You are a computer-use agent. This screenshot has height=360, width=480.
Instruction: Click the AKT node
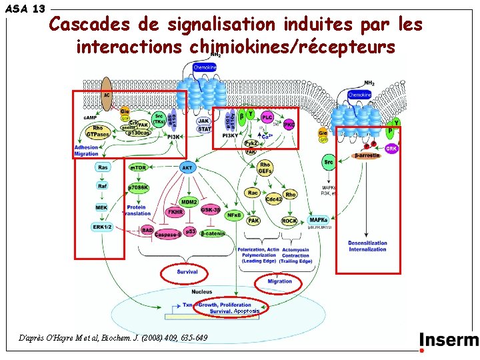tap(187, 168)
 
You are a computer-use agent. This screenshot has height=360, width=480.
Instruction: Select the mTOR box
tap(138, 168)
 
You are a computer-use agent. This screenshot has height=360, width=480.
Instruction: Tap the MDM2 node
tap(190, 201)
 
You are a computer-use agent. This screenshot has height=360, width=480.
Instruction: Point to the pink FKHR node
tap(175, 212)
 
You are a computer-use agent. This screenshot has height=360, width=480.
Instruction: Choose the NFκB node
tap(234, 215)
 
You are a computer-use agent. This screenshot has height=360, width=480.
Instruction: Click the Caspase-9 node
tap(168, 234)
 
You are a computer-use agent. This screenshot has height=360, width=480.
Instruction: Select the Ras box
tap(102, 168)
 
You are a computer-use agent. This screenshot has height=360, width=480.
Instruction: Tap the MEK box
tap(101, 207)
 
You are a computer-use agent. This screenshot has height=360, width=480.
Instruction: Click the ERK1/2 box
tap(102, 227)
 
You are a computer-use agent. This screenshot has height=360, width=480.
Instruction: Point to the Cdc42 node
tap(273, 199)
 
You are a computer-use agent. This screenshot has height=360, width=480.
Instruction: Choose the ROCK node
tap(289, 220)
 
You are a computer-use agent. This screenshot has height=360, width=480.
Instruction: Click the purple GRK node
tap(391, 149)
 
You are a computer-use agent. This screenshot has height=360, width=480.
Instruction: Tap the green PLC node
tap(267, 117)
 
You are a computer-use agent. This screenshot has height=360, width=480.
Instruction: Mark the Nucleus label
tap(201, 291)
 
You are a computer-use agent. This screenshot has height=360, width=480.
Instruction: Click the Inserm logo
tap(449, 341)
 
